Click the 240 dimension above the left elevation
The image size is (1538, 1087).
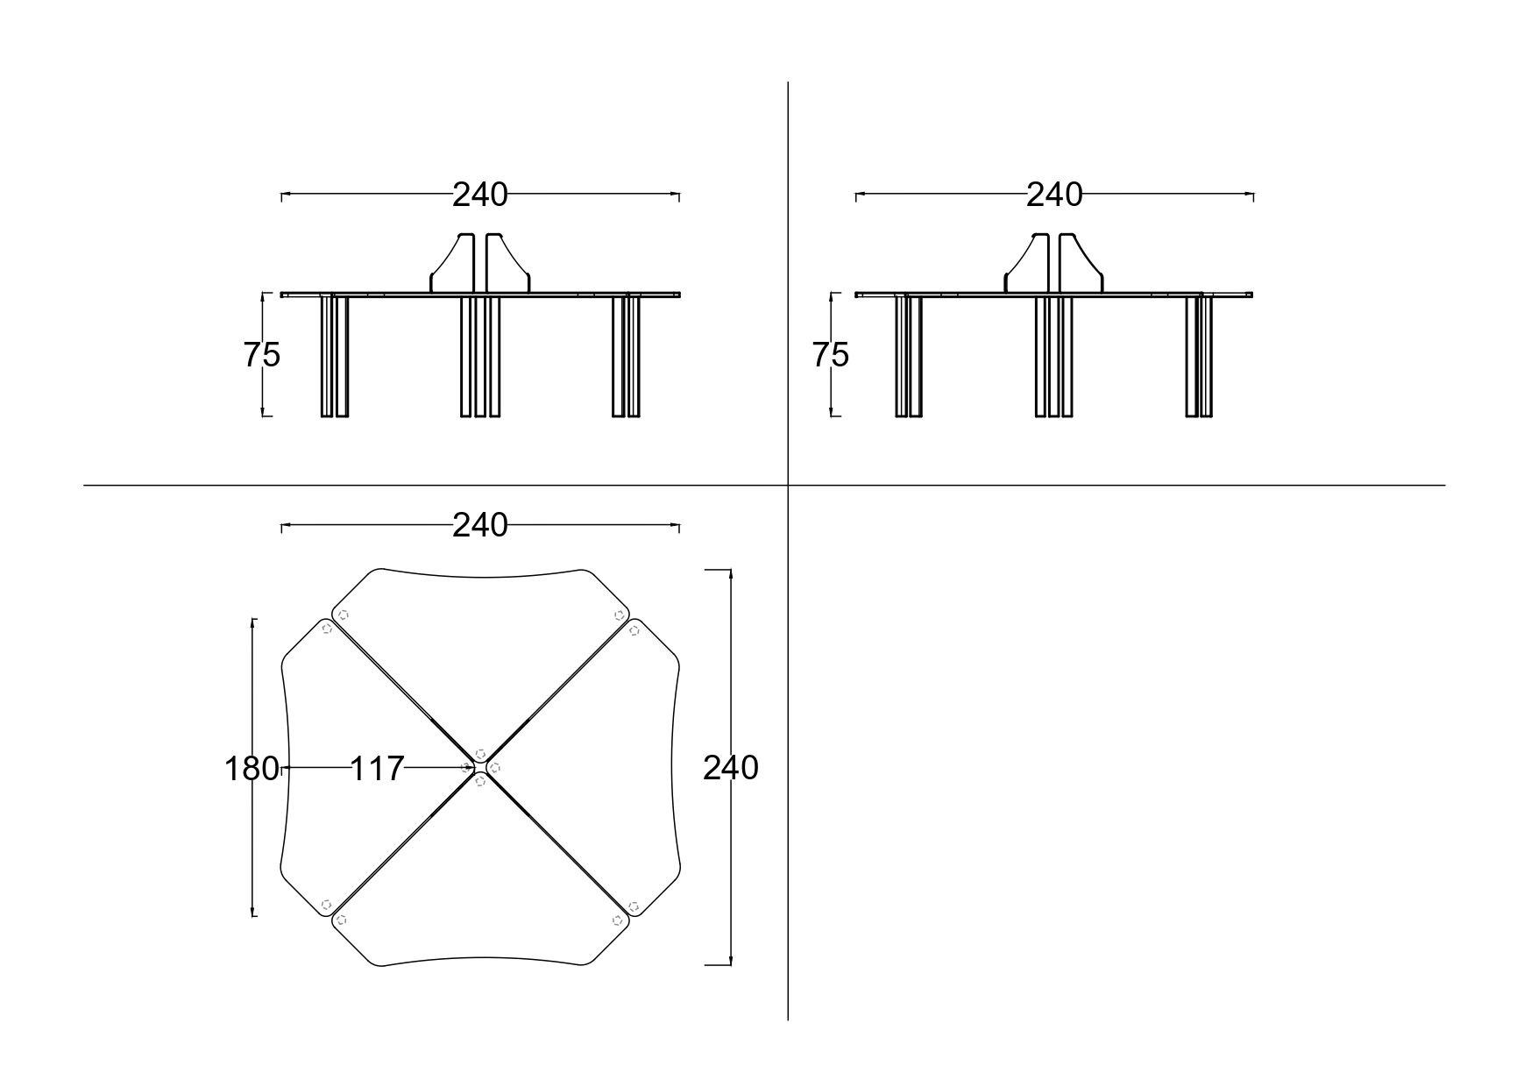coord(479,195)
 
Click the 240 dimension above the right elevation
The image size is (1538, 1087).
coord(1054,195)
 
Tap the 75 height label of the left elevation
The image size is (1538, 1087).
coord(261,355)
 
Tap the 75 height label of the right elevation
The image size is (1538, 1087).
coord(831,355)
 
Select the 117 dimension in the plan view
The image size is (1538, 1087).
coord(377,769)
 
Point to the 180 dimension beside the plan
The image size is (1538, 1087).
coord(252,769)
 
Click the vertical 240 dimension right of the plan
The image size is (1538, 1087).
coord(731,768)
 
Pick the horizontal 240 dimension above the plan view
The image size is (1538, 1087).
coord(479,525)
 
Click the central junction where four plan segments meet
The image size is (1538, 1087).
coord(480,767)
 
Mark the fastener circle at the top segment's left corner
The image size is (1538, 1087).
coord(343,615)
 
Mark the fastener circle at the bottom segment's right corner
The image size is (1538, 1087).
coord(618,920)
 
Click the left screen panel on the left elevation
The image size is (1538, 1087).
coord(452,262)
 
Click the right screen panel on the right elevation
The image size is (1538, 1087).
coord(1081,262)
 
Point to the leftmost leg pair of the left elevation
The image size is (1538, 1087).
coord(335,356)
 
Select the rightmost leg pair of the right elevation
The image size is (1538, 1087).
coord(1200,356)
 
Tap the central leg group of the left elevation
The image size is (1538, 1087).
coord(480,356)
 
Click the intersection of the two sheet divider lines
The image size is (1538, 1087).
coord(788,485)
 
